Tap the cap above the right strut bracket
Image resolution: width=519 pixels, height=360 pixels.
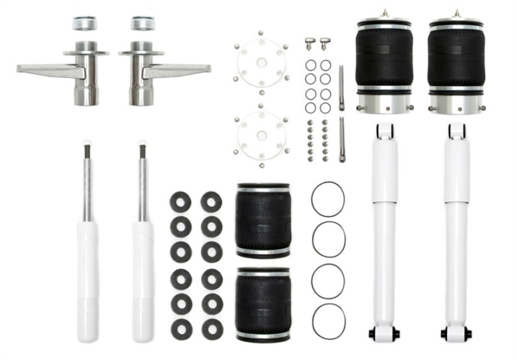click(x=143, y=23)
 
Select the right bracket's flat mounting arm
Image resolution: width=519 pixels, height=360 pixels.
click(x=180, y=70)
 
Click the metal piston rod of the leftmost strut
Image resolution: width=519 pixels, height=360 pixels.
click(x=87, y=184)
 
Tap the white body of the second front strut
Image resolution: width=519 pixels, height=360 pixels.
click(x=142, y=278)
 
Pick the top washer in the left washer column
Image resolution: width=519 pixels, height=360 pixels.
click(x=180, y=202)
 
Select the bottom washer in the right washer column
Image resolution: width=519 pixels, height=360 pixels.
click(x=212, y=329)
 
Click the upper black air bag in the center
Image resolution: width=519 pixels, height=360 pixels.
click(x=263, y=220)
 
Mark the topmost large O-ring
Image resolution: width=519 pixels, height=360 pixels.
click(x=328, y=198)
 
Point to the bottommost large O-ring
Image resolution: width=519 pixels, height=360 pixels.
click(x=328, y=320)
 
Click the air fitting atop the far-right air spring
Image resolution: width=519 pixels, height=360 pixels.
click(x=456, y=13)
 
